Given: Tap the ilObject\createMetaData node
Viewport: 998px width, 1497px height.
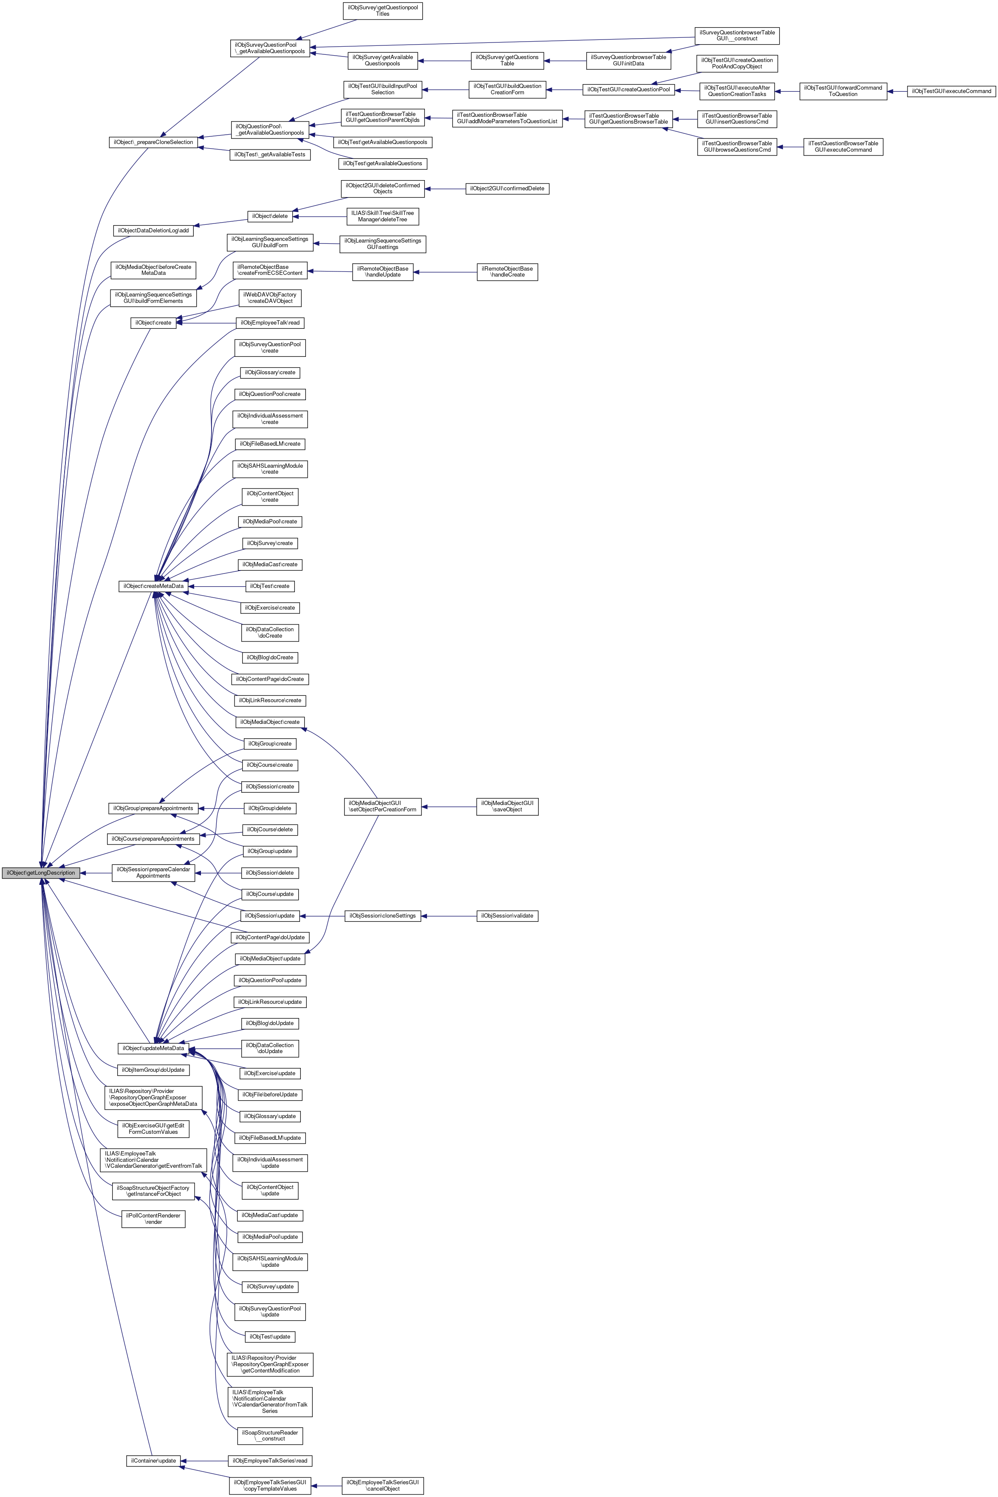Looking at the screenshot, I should click(x=153, y=586).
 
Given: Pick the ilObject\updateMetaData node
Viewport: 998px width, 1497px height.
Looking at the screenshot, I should click(x=153, y=1048).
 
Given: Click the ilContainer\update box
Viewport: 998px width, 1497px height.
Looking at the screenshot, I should click(x=153, y=1461).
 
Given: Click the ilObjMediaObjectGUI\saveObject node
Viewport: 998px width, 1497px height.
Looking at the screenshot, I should click(x=507, y=807).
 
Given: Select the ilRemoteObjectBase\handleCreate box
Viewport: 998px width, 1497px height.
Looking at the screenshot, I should click(x=507, y=272).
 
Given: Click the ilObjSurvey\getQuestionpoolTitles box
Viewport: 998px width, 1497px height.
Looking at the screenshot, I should click(x=382, y=11).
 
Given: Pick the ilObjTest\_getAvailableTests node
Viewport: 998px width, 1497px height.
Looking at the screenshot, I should click(x=270, y=155).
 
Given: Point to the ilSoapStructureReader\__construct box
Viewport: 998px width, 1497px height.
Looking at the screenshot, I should click(x=270, y=1436).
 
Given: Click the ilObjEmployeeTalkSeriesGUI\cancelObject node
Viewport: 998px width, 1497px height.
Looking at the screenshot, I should click(x=382, y=1486).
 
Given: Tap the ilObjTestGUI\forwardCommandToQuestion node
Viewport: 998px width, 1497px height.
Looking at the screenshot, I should click(x=843, y=91).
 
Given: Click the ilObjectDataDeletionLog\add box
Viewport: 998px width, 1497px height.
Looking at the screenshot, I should click(x=153, y=230).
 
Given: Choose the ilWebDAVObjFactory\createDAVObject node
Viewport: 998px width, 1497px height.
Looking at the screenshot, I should click(x=270, y=298).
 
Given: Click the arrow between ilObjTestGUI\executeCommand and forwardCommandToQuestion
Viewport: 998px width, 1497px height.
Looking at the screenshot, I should click(x=897, y=91).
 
